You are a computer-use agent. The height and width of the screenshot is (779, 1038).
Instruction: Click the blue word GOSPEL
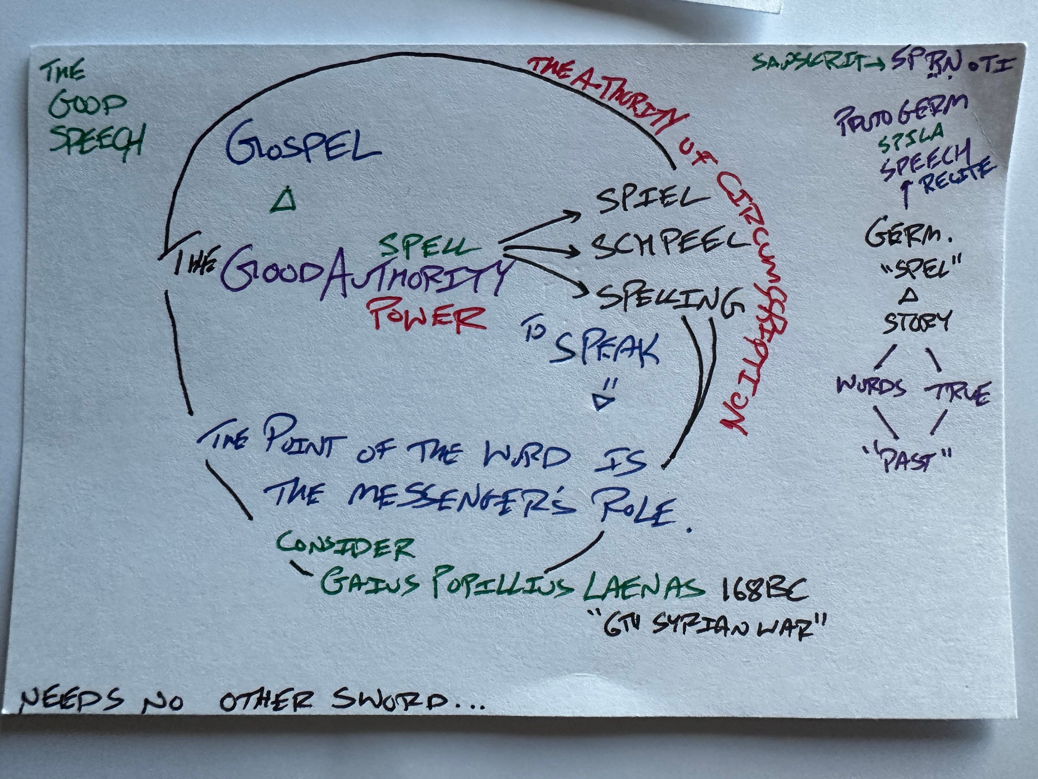(303, 146)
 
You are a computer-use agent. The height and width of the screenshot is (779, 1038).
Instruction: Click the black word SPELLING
(669, 301)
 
